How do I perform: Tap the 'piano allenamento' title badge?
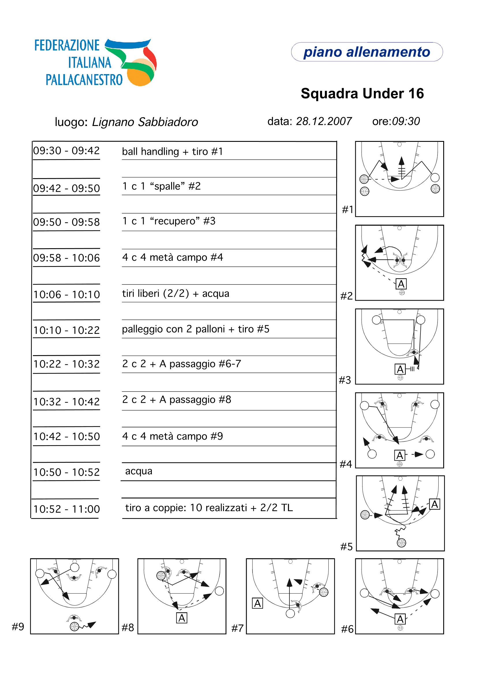pos(366,52)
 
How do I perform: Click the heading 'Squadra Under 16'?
pos(362,94)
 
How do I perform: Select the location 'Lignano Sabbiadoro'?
pos(145,122)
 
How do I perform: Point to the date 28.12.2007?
pos(323,121)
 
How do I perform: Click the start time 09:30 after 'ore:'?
pos(406,121)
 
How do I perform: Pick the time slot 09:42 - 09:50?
pos(66,188)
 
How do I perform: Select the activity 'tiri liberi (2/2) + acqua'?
pos(175,293)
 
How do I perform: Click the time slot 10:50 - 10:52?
pos(66,472)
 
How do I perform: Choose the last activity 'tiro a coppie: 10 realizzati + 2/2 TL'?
pos(209,508)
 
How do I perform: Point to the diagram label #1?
pos(347,210)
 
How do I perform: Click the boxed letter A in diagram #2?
pos(401,284)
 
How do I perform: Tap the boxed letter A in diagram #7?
pos(257,604)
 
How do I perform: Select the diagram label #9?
pos(18,627)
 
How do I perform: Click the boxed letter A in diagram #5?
pos(435,504)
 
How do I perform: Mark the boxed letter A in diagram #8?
pos(182,618)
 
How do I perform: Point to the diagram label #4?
pos(346,464)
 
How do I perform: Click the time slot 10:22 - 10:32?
pos(66,364)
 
